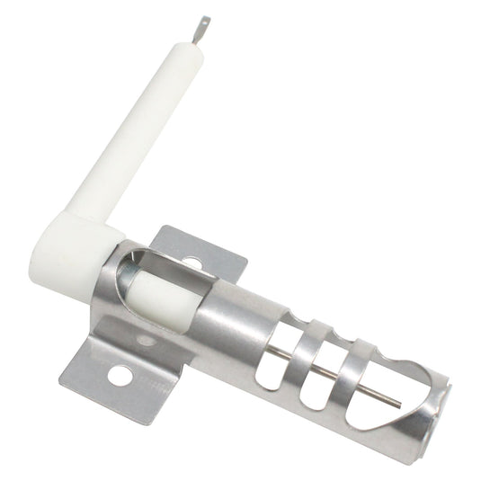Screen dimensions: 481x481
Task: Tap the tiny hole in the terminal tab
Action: (204, 22)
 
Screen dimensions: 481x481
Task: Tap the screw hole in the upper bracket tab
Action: (192, 263)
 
